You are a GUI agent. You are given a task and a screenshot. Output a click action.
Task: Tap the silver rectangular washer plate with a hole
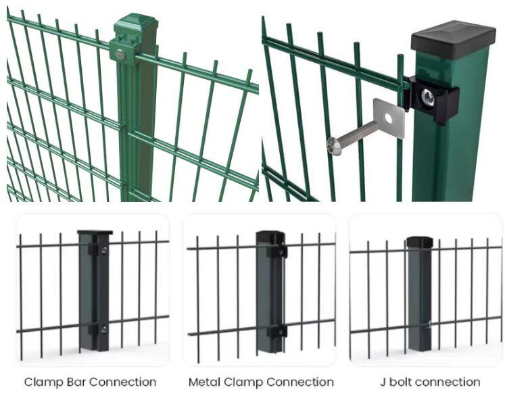[x=389, y=118]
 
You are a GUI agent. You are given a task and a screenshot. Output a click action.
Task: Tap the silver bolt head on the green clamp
[x=120, y=54]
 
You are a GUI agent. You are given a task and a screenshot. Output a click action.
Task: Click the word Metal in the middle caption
[x=205, y=383]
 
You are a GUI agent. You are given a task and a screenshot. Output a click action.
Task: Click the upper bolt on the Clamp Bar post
[x=104, y=251]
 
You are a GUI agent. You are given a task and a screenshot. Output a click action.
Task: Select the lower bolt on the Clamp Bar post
[x=104, y=329]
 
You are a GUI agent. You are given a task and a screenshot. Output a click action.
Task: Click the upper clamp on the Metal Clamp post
[x=277, y=251]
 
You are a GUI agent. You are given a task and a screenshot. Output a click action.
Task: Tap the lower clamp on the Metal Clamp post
[x=277, y=331]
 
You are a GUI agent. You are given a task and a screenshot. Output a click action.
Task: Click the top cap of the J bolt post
[x=419, y=242]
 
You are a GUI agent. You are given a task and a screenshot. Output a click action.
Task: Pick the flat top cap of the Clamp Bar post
[x=95, y=233]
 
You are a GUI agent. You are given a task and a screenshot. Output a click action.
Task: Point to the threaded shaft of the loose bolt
[x=358, y=135]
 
